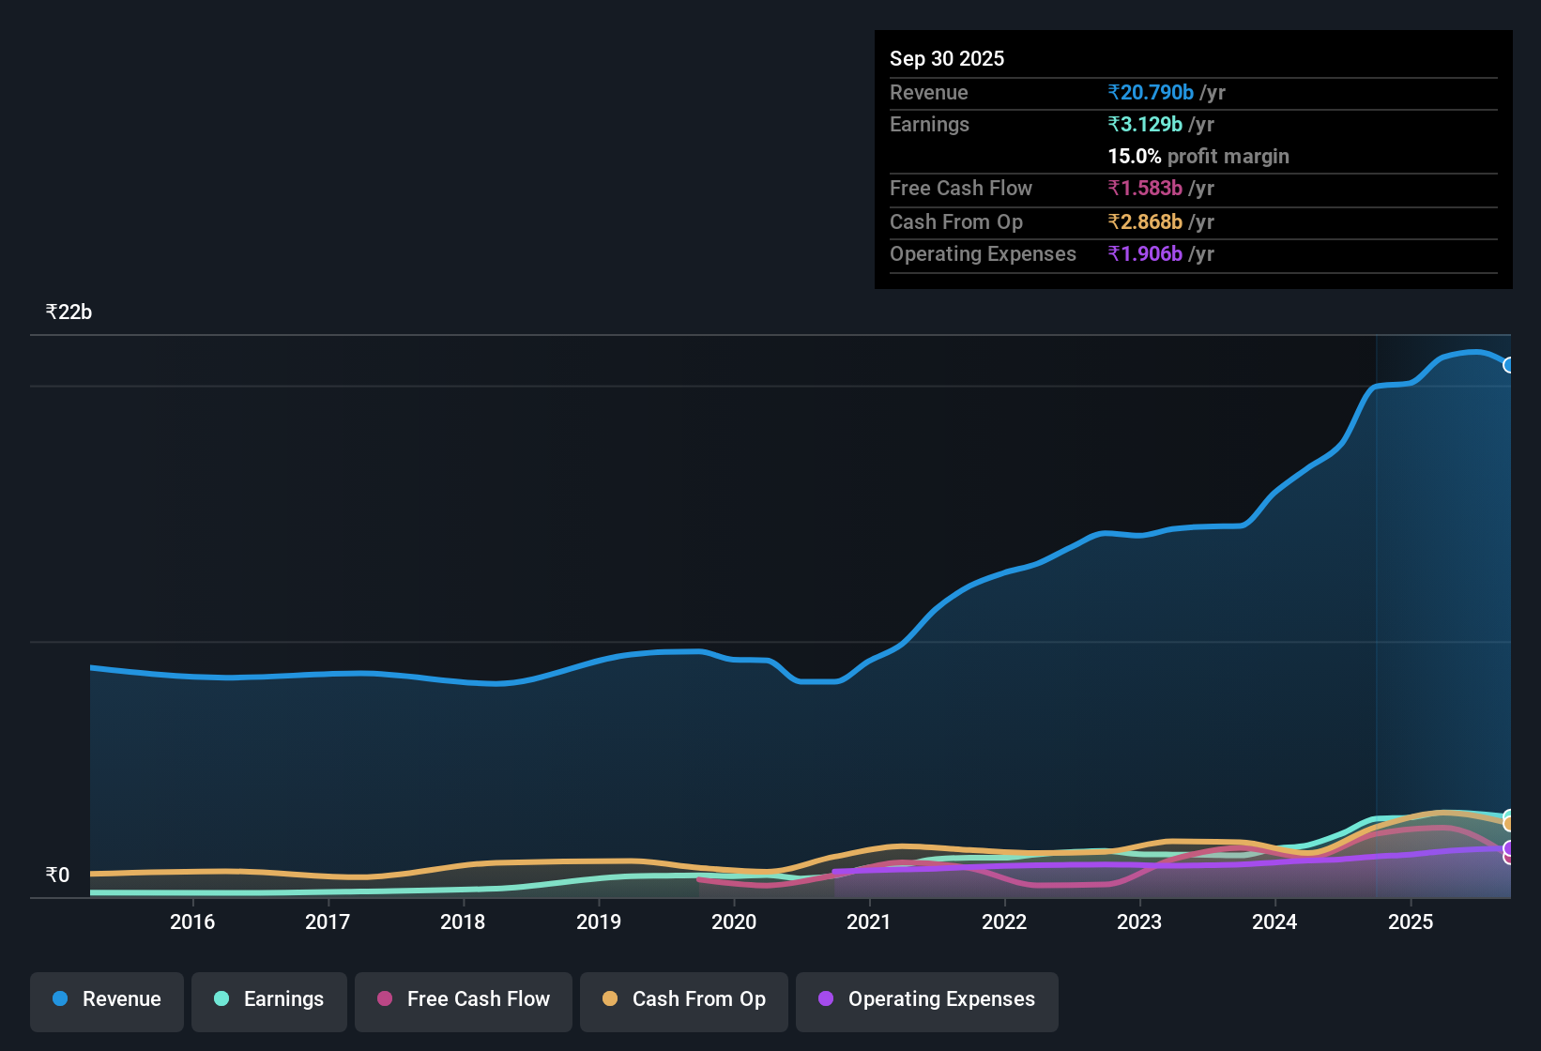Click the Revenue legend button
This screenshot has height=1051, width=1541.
pyautogui.click(x=107, y=1000)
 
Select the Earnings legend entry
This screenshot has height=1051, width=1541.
pyautogui.click(x=269, y=1000)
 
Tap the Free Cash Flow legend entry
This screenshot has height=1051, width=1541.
pyautogui.click(x=464, y=1000)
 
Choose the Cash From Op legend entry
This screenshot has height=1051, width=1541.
pyautogui.click(x=684, y=1000)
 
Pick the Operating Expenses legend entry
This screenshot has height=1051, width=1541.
pyautogui.click(x=927, y=1000)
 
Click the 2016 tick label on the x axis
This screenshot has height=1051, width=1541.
pyautogui.click(x=192, y=922)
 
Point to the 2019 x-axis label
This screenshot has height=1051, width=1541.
pyautogui.click(x=599, y=922)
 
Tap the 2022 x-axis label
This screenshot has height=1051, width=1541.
pyautogui.click(x=1004, y=922)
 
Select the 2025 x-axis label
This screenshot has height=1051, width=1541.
pyautogui.click(x=1410, y=922)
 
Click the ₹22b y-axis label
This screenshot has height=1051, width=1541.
pyautogui.click(x=69, y=312)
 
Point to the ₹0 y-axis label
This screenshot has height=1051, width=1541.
pyautogui.click(x=57, y=876)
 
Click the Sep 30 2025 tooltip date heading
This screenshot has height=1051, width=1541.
pyautogui.click(x=947, y=59)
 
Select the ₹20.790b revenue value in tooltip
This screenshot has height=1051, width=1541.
pyautogui.click(x=1151, y=93)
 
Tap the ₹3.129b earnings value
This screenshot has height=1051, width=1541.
pyautogui.click(x=1145, y=125)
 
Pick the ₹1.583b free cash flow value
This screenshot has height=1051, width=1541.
pyautogui.click(x=1145, y=189)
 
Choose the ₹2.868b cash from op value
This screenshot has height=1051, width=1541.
pyautogui.click(x=1145, y=222)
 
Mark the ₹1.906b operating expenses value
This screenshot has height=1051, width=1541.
pyautogui.click(x=1145, y=254)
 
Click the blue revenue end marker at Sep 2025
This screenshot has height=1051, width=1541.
pyautogui.click(x=1508, y=365)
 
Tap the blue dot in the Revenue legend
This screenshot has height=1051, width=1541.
pyautogui.click(x=60, y=999)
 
